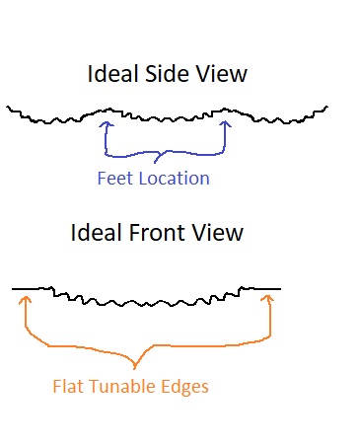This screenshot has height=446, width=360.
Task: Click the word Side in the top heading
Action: tap(167, 73)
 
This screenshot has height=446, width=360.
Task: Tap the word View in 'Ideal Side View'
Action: tap(221, 73)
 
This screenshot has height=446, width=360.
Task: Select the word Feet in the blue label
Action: tap(115, 179)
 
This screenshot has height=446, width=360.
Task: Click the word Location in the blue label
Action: tap(174, 179)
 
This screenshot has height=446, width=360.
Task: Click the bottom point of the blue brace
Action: tap(155, 163)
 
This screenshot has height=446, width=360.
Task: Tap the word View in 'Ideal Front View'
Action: tap(218, 233)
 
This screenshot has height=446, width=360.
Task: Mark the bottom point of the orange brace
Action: tap(134, 368)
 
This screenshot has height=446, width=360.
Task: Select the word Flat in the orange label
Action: tap(68, 386)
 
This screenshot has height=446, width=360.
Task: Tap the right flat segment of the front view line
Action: tap(262, 289)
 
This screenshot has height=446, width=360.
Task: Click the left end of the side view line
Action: tap(7, 107)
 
